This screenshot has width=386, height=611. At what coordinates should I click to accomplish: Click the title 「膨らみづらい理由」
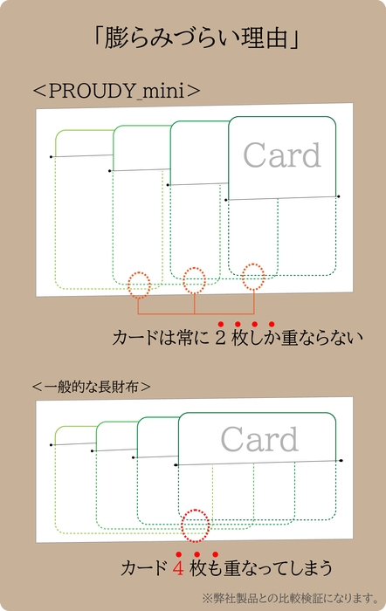192,38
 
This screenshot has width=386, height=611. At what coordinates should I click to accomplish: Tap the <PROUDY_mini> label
116,89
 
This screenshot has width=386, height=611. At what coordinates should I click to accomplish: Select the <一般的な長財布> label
91,385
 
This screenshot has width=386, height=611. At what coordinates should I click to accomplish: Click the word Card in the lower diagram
259,439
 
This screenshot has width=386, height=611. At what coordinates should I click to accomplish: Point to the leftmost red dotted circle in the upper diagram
139,284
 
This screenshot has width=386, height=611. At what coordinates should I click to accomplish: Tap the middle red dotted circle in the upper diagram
195,280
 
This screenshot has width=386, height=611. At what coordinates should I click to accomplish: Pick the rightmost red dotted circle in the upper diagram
253,276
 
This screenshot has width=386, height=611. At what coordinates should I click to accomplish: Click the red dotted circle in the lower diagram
196,524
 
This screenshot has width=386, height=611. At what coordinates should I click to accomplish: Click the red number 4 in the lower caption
178,569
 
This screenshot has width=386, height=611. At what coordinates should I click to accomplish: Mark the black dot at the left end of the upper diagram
52,157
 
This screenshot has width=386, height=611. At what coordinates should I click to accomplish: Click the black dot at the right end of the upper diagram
338,197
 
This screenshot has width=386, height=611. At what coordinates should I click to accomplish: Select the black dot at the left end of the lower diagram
51,445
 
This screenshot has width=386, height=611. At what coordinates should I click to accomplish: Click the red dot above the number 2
220,324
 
